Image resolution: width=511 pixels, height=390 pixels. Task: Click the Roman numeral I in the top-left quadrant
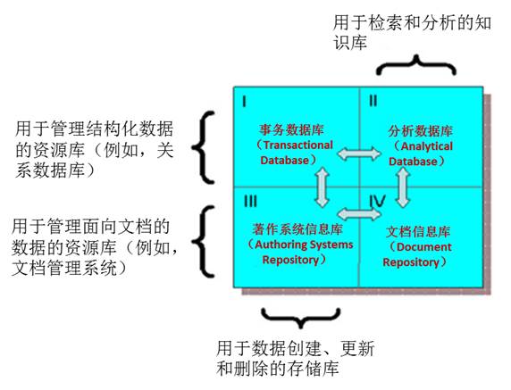point(245,102)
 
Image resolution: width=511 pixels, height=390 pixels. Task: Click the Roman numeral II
point(373,101)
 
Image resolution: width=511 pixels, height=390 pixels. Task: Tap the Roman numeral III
point(250,201)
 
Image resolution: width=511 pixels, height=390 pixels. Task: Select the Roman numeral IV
point(377,202)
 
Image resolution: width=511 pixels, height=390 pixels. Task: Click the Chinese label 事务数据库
point(291,130)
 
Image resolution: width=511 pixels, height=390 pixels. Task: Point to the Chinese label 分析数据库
point(421,131)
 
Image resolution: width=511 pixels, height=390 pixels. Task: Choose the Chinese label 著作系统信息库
point(297,229)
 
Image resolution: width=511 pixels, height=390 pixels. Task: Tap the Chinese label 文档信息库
point(418,231)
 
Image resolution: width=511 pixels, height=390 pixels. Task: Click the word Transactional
point(298,145)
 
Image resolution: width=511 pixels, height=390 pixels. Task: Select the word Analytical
point(427,146)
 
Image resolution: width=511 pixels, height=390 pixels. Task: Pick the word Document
point(424,246)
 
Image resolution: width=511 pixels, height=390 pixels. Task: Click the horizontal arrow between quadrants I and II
point(359,154)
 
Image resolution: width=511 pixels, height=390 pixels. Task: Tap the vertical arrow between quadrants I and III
point(322,187)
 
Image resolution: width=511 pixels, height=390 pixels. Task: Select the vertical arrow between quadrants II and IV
point(403,187)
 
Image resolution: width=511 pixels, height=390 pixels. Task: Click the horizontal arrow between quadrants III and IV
point(359,214)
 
